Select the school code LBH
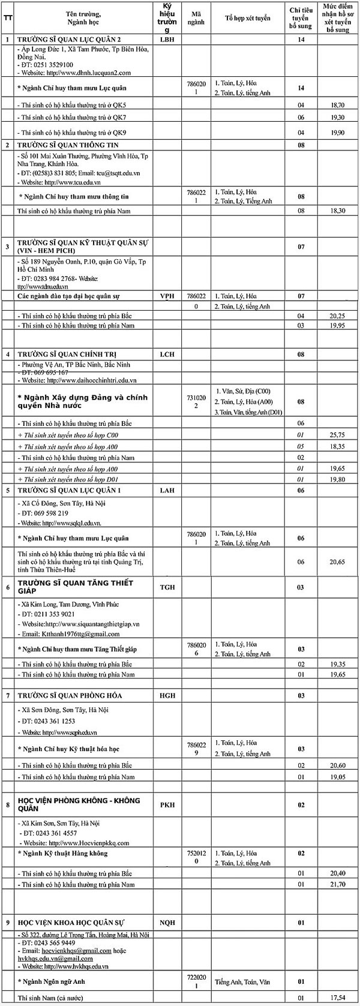point(167,40)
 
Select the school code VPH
point(167,296)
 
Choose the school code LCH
point(167,354)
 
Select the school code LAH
point(167,490)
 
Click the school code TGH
point(167,587)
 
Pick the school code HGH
point(167,695)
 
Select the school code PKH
point(167,804)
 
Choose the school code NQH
point(167,921)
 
